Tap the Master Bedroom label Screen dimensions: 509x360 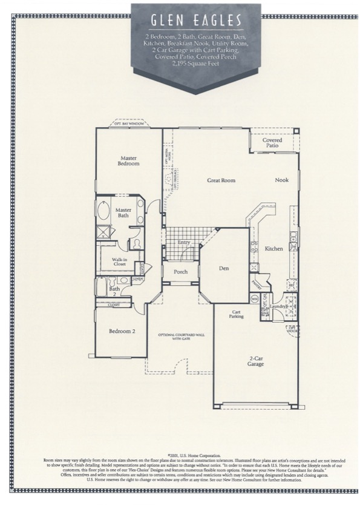(129, 160)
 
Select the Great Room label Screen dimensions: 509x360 (221, 180)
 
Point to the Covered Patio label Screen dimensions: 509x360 (272, 143)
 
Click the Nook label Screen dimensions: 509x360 (282, 180)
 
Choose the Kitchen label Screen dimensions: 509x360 (273, 249)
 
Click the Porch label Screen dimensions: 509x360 (180, 272)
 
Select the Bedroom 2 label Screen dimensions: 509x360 (122, 331)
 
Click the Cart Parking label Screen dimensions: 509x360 (236, 315)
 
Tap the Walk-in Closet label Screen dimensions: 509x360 (119, 262)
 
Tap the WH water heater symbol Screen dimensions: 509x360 (255, 298)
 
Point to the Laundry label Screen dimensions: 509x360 (279, 307)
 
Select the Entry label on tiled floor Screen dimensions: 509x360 (184, 243)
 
